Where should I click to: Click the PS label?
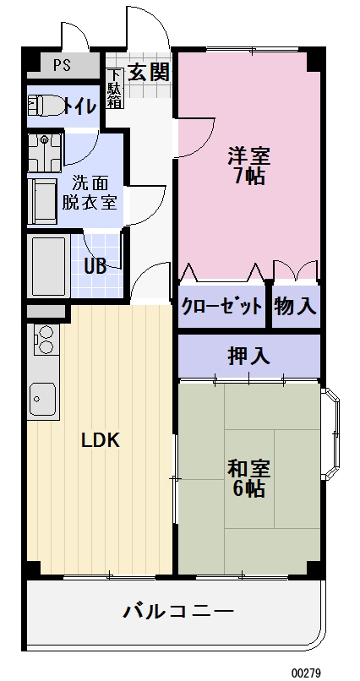point(62,65)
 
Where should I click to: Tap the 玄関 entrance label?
point(148,71)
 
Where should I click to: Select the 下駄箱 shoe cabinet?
point(114,86)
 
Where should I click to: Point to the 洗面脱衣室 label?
point(89,192)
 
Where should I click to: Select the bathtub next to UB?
point(48,264)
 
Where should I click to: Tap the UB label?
point(95,265)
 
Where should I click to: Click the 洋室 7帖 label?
point(248,166)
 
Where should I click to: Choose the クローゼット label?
point(222,306)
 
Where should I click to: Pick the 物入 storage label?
point(296,306)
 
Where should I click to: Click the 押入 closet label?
point(248,356)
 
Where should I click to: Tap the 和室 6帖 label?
point(248,477)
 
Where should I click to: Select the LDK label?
point(101,440)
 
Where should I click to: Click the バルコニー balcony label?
point(177,610)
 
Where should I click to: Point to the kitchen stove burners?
point(43,339)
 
